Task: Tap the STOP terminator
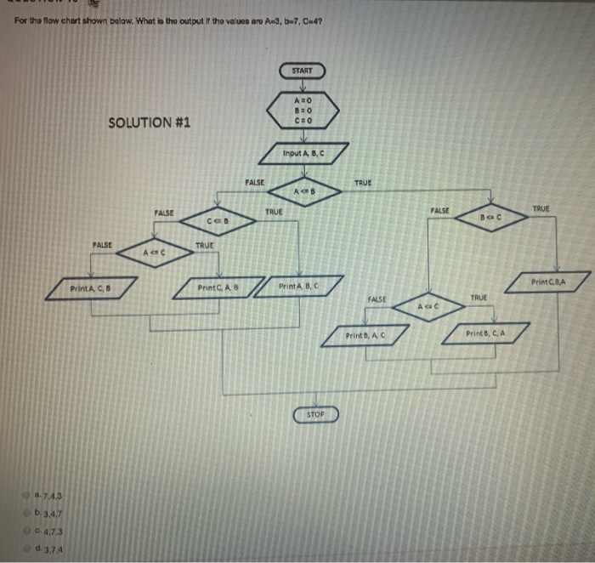316,414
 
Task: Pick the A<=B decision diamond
303,191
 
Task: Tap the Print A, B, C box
299,287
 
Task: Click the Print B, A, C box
366,336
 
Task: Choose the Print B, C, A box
486,333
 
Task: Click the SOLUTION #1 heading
150,122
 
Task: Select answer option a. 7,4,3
46,495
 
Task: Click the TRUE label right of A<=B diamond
363,183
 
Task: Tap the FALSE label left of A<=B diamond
254,181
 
